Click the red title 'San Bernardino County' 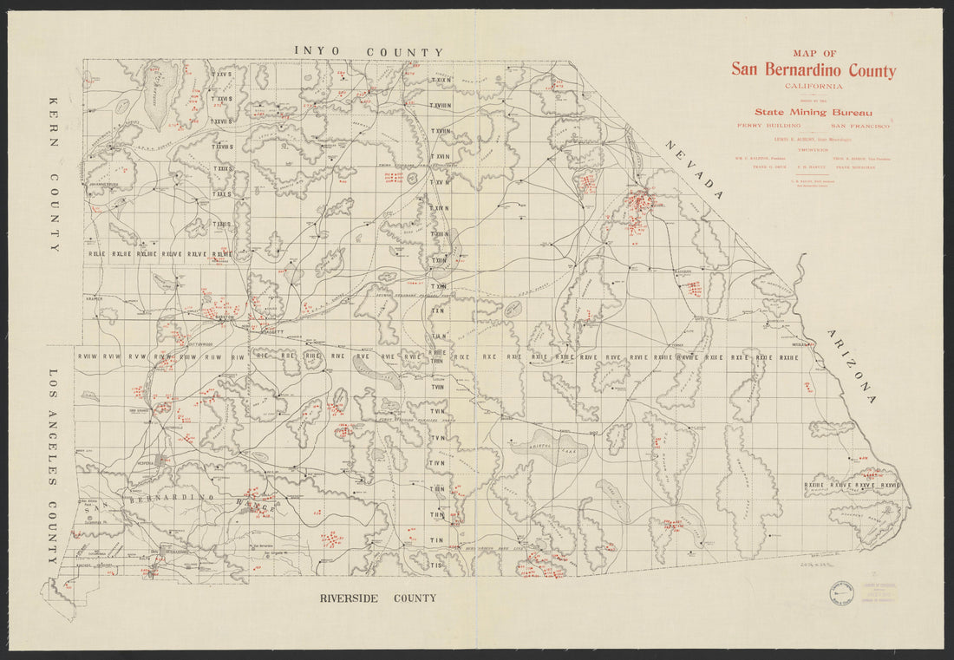point(813,70)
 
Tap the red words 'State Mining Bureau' point(812,111)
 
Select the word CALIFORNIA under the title point(813,86)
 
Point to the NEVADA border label point(694,170)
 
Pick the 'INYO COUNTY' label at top point(369,52)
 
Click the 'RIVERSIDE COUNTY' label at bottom point(377,598)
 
